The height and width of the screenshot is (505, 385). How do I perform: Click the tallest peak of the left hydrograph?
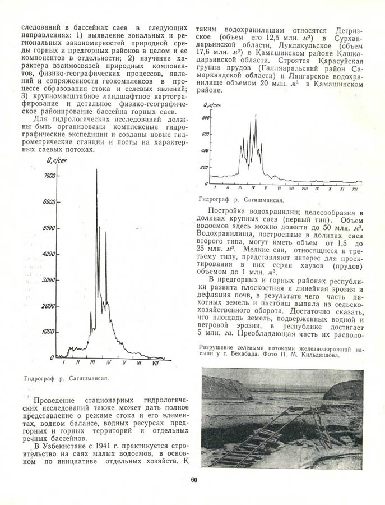96,170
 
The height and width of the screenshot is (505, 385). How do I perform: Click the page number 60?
194,480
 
